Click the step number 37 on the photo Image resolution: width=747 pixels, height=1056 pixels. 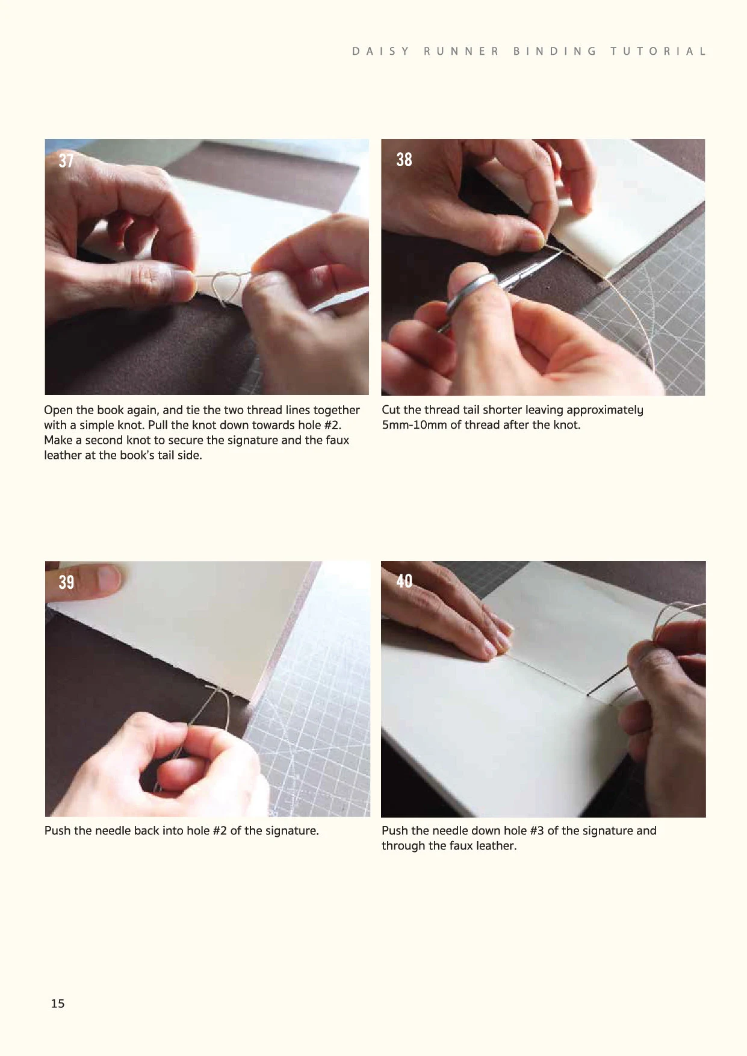pos(66,161)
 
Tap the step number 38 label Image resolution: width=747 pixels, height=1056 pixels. pos(404,159)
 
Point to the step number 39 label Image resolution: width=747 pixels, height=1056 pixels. pos(66,582)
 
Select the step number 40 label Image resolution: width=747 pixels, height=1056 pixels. pos(404,580)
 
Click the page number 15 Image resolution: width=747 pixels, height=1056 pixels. pos(58,1003)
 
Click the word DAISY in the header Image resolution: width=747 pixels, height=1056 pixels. pos(380,51)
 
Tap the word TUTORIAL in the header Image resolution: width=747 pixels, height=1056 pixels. pos(658,51)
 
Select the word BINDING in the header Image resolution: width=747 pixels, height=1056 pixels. pos(554,51)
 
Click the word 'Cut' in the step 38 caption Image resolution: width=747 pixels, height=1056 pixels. pos(391,410)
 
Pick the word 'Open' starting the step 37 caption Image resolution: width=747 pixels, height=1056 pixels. pos(58,410)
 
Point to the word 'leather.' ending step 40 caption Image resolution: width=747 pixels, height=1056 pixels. pos(496,846)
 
